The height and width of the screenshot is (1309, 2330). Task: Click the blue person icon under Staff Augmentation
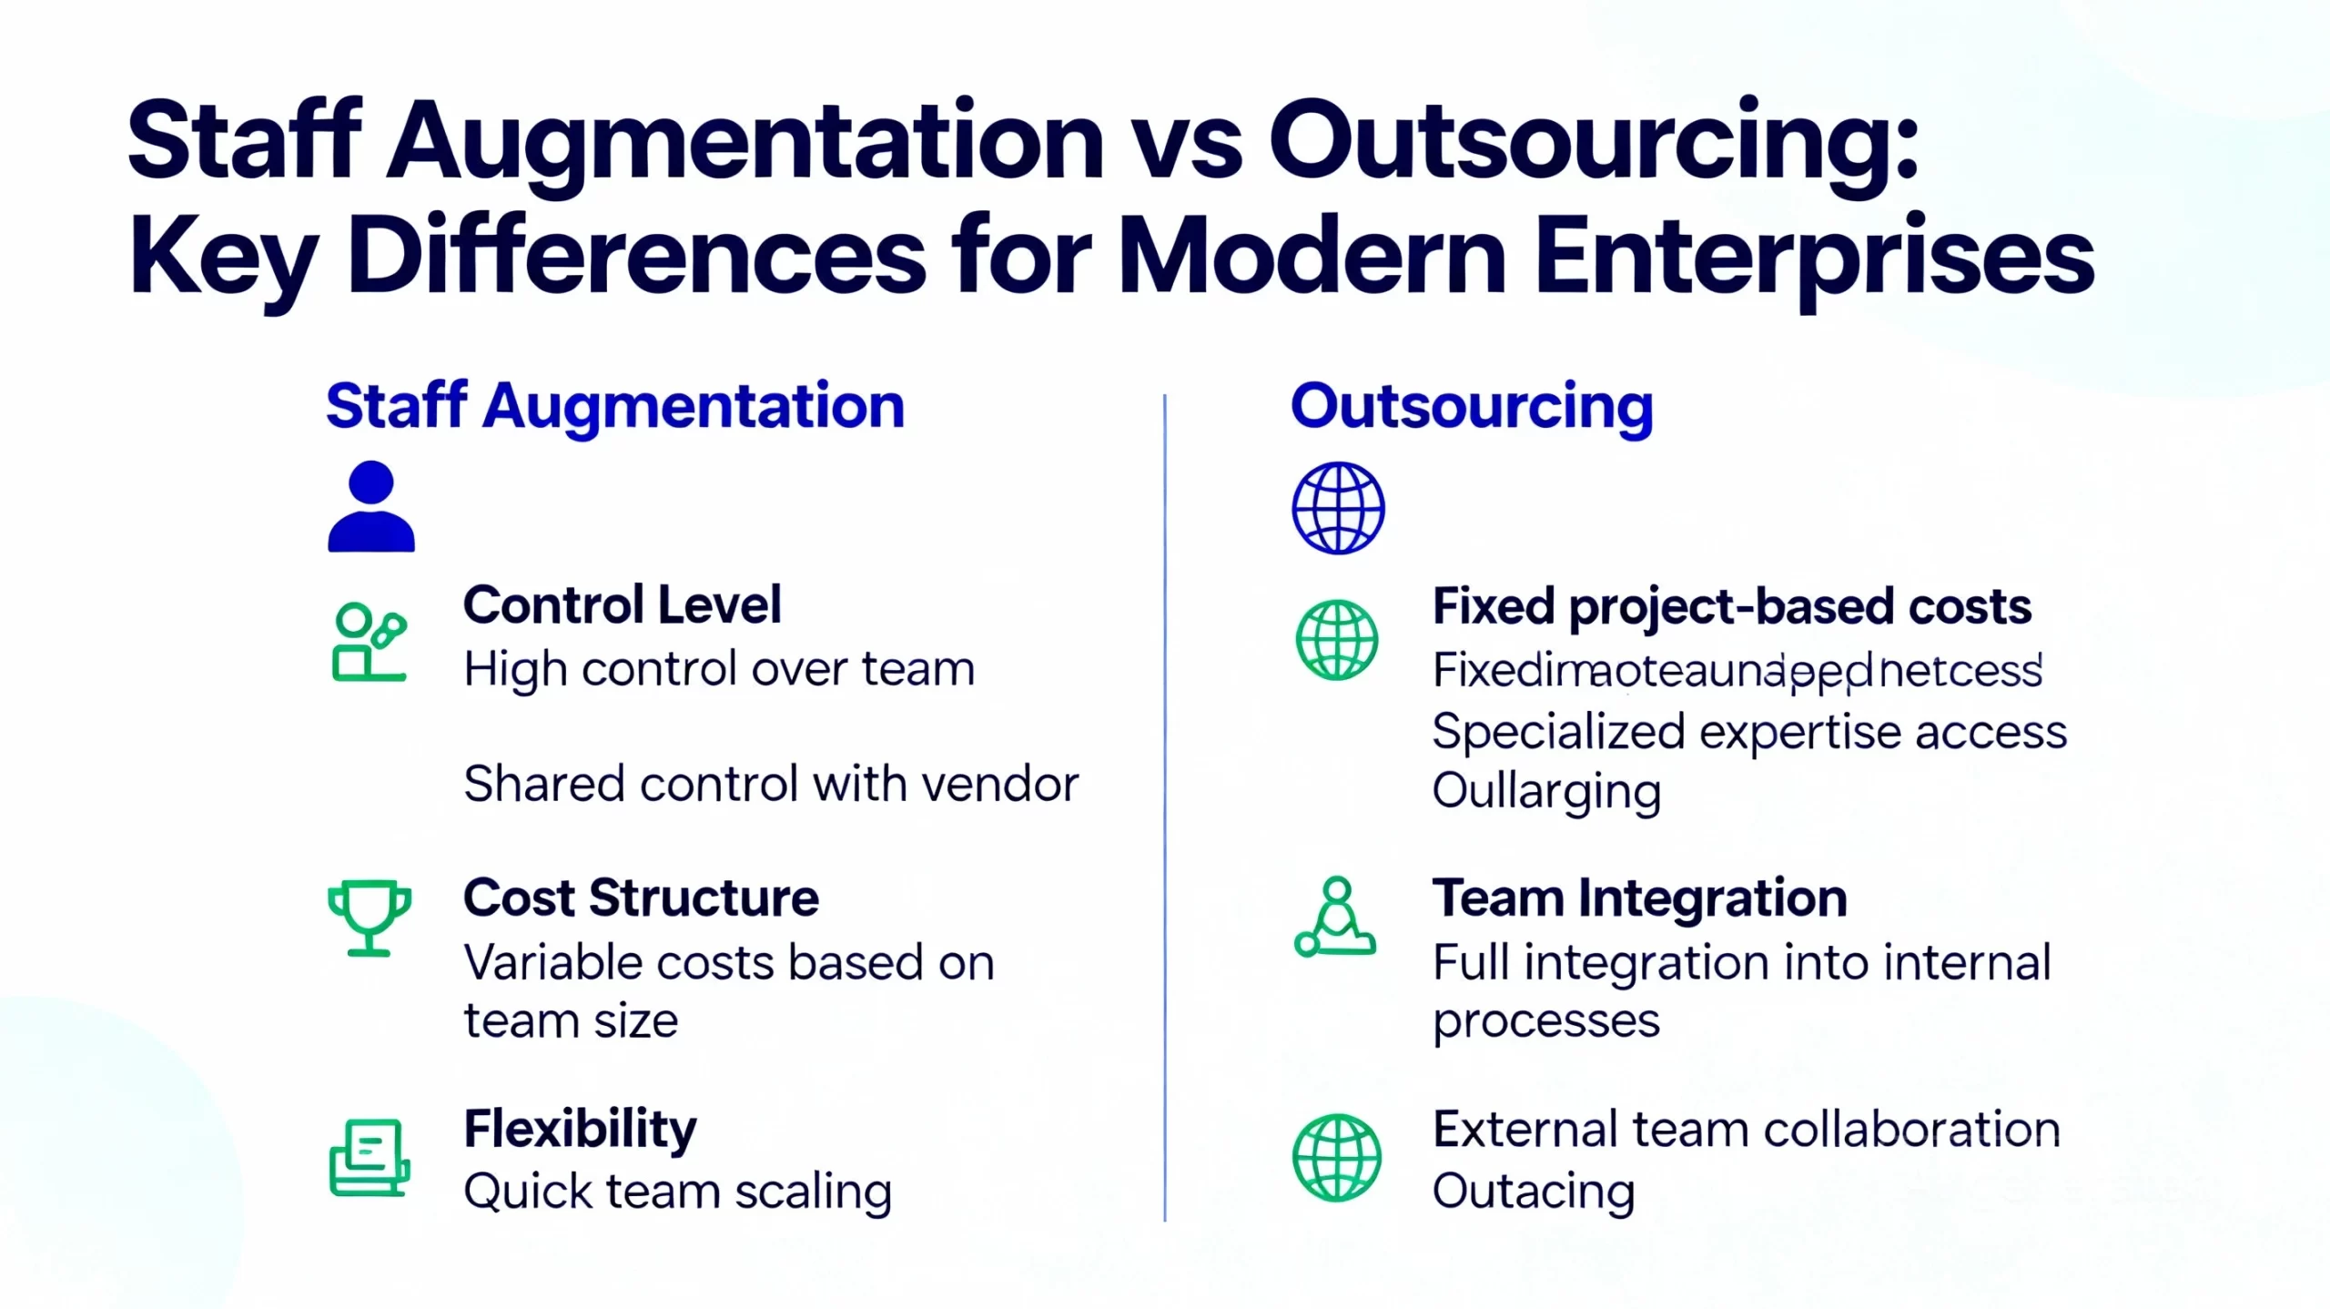point(371,507)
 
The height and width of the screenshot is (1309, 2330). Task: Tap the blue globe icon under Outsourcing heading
point(1338,508)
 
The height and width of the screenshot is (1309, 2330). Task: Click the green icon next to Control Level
point(369,642)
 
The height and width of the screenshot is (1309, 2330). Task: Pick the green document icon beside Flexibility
point(369,1157)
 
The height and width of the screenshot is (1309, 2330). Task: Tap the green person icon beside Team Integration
point(1335,917)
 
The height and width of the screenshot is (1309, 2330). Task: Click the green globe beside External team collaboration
point(1337,1157)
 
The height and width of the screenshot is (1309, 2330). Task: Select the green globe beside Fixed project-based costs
point(1337,640)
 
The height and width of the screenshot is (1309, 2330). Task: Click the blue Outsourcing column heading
point(1472,406)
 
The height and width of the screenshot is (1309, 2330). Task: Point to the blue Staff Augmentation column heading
point(615,406)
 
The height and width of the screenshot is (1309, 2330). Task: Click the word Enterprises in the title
point(1814,257)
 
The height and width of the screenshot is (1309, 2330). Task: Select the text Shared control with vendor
point(771,784)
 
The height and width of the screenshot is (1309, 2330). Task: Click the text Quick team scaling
point(678,1192)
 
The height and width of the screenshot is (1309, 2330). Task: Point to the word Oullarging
point(1546,791)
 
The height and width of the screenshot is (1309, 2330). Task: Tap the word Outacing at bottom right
point(1534,1192)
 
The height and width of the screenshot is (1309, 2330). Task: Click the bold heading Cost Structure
point(641,898)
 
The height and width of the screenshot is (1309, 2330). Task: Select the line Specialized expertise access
point(1749,732)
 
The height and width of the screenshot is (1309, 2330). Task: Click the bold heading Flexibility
point(580,1129)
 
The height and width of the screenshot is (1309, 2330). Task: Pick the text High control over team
point(719,669)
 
